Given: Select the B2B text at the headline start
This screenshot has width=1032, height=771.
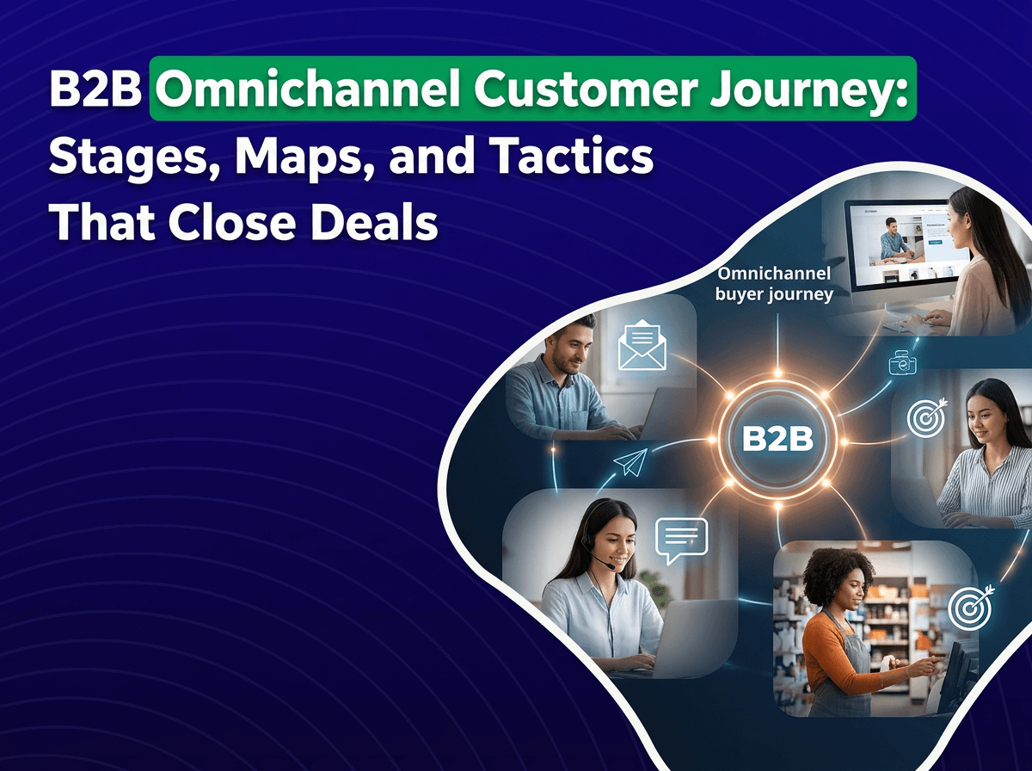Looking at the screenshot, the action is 95,89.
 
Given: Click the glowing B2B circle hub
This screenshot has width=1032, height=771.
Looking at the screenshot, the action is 777,439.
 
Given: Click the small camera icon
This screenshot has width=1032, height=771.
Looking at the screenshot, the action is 903,363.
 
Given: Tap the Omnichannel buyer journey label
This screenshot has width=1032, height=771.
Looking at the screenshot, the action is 774,284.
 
